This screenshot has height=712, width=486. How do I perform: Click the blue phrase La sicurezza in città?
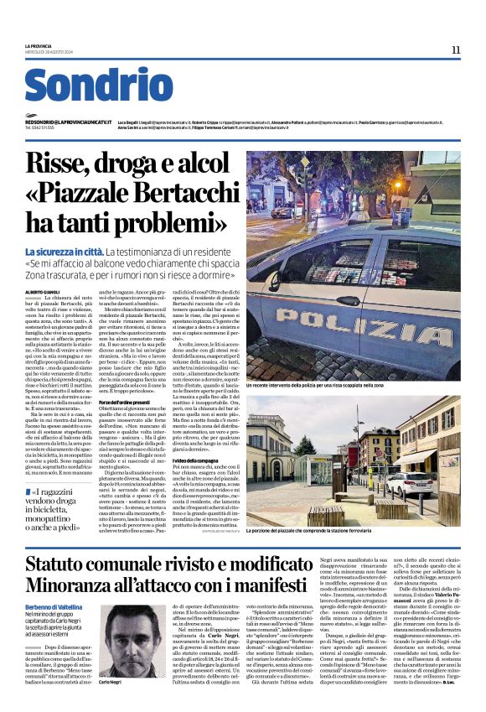64,251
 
